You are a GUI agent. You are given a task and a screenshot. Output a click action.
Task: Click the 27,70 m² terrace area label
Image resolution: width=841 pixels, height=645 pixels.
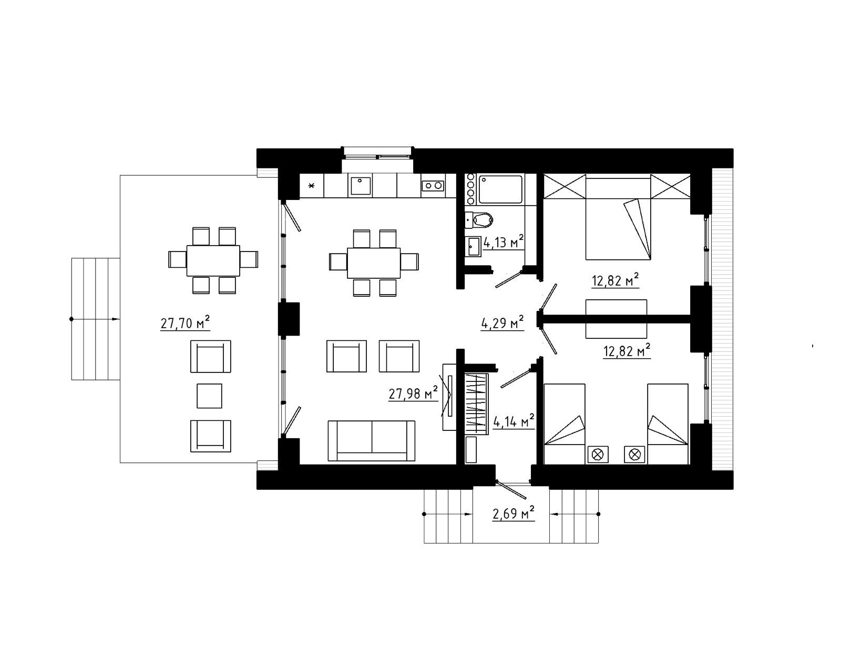coord(185,323)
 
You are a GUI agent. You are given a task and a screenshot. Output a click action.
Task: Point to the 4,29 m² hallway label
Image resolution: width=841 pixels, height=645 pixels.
coord(502,323)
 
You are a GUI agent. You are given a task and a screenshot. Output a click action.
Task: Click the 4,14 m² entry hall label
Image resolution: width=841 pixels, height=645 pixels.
coord(514,421)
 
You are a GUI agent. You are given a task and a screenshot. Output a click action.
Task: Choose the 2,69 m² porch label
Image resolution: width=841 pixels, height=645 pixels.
coord(514,513)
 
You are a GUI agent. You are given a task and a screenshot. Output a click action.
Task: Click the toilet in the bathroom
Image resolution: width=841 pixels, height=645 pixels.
coord(479,220)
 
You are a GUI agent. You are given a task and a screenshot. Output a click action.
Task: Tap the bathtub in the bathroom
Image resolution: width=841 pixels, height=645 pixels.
coord(500,189)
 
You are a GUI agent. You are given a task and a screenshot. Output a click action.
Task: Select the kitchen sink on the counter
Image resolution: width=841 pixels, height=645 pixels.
coord(361,186)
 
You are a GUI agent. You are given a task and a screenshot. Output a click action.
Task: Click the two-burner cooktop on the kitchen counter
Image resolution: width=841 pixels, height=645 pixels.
coord(433,186)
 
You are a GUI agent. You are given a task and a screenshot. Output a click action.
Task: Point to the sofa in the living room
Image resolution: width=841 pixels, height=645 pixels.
coord(371,441)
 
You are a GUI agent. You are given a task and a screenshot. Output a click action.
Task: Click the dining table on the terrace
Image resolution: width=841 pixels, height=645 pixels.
coord(213,260)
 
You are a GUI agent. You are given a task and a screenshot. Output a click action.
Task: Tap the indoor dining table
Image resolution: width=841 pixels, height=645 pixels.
coord(374,263)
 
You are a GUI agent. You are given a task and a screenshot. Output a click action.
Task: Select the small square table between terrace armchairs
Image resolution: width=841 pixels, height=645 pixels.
coord(209,396)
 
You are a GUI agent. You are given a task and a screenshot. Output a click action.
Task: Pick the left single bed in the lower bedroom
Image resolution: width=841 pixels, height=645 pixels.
coord(565,424)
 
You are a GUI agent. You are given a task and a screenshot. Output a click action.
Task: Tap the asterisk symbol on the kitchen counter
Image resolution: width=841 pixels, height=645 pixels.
coord(311,186)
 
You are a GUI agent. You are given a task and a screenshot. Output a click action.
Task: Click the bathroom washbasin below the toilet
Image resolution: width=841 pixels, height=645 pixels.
coord(473,247)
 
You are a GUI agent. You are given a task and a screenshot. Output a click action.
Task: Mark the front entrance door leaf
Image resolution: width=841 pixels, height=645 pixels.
coord(511,490)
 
